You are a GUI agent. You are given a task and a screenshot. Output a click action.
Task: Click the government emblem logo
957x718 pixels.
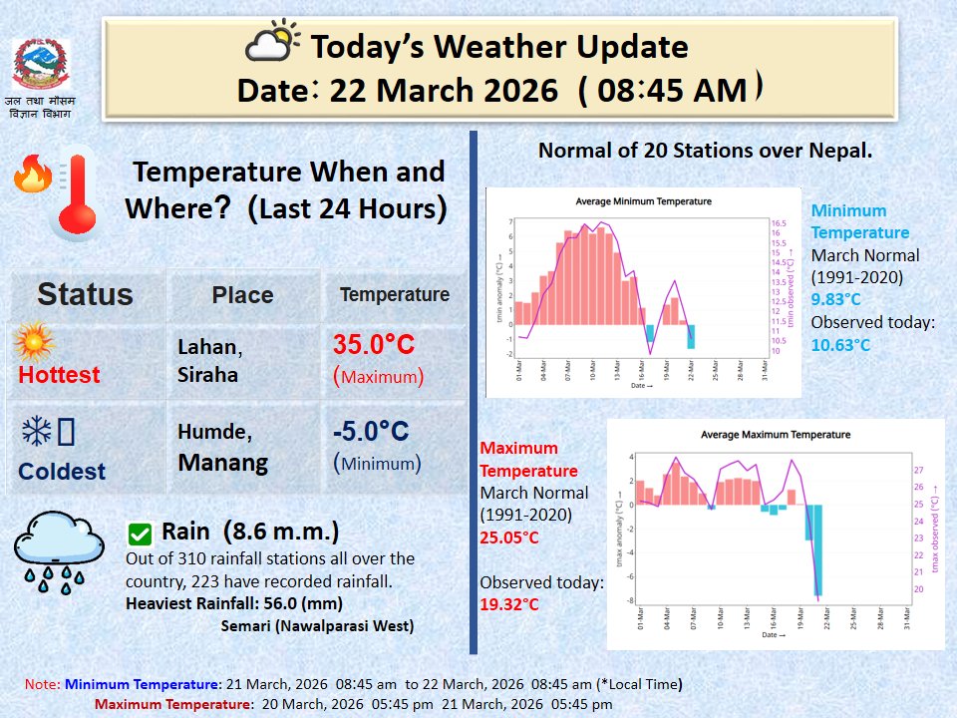coord(41,65)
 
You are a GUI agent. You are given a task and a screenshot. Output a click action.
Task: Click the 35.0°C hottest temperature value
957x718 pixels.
coord(373,345)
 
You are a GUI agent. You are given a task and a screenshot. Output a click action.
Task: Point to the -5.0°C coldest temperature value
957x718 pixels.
coord(371,432)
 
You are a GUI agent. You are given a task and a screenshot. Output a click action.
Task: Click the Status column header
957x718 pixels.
coord(85,294)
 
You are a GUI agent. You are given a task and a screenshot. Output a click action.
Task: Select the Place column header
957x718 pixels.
coord(242,295)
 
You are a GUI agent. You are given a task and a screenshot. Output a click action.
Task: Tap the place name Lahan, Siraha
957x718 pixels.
coord(210,359)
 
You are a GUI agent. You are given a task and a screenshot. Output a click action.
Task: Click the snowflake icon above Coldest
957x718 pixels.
coord(37,432)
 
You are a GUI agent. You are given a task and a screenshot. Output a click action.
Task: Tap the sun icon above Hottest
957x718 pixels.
coord(34,343)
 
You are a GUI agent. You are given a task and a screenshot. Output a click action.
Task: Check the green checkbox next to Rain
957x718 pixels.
coord(141,533)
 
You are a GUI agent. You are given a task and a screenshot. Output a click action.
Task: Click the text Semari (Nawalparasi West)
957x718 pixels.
coord(316,626)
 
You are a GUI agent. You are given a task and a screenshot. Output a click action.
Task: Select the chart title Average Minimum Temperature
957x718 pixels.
coord(643,201)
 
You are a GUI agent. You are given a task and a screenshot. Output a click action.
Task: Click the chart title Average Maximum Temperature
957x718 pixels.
coord(776,435)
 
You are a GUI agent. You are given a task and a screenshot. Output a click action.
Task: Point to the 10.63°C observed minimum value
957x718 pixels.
coord(840,345)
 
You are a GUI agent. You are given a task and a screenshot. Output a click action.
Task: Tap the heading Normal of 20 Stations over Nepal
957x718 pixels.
coord(705,152)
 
